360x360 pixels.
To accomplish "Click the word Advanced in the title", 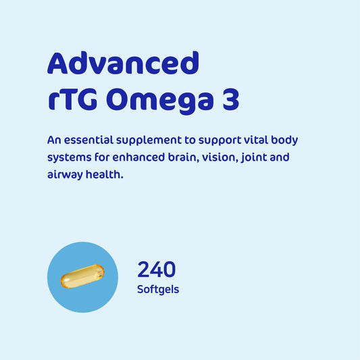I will (x=123, y=63).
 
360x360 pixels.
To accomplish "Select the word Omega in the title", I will (x=158, y=101).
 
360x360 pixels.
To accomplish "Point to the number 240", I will (x=157, y=269).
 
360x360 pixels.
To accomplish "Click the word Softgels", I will (x=158, y=290).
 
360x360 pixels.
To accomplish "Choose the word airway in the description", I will (x=66, y=174).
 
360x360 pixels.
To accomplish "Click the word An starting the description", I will (x=55, y=140).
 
